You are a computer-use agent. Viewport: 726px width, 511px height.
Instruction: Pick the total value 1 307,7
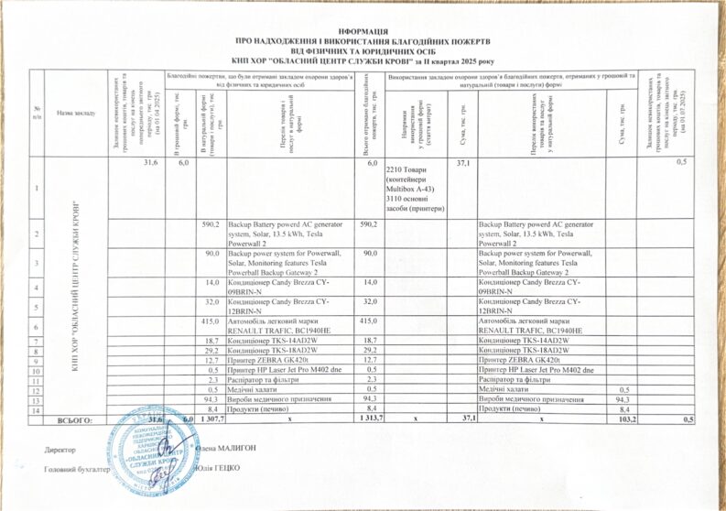pos(207,419)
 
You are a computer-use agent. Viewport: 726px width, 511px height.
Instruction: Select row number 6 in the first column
pos(37,327)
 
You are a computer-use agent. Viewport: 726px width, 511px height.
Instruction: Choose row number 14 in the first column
pos(37,409)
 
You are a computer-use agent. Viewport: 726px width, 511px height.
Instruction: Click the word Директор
pos(60,449)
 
